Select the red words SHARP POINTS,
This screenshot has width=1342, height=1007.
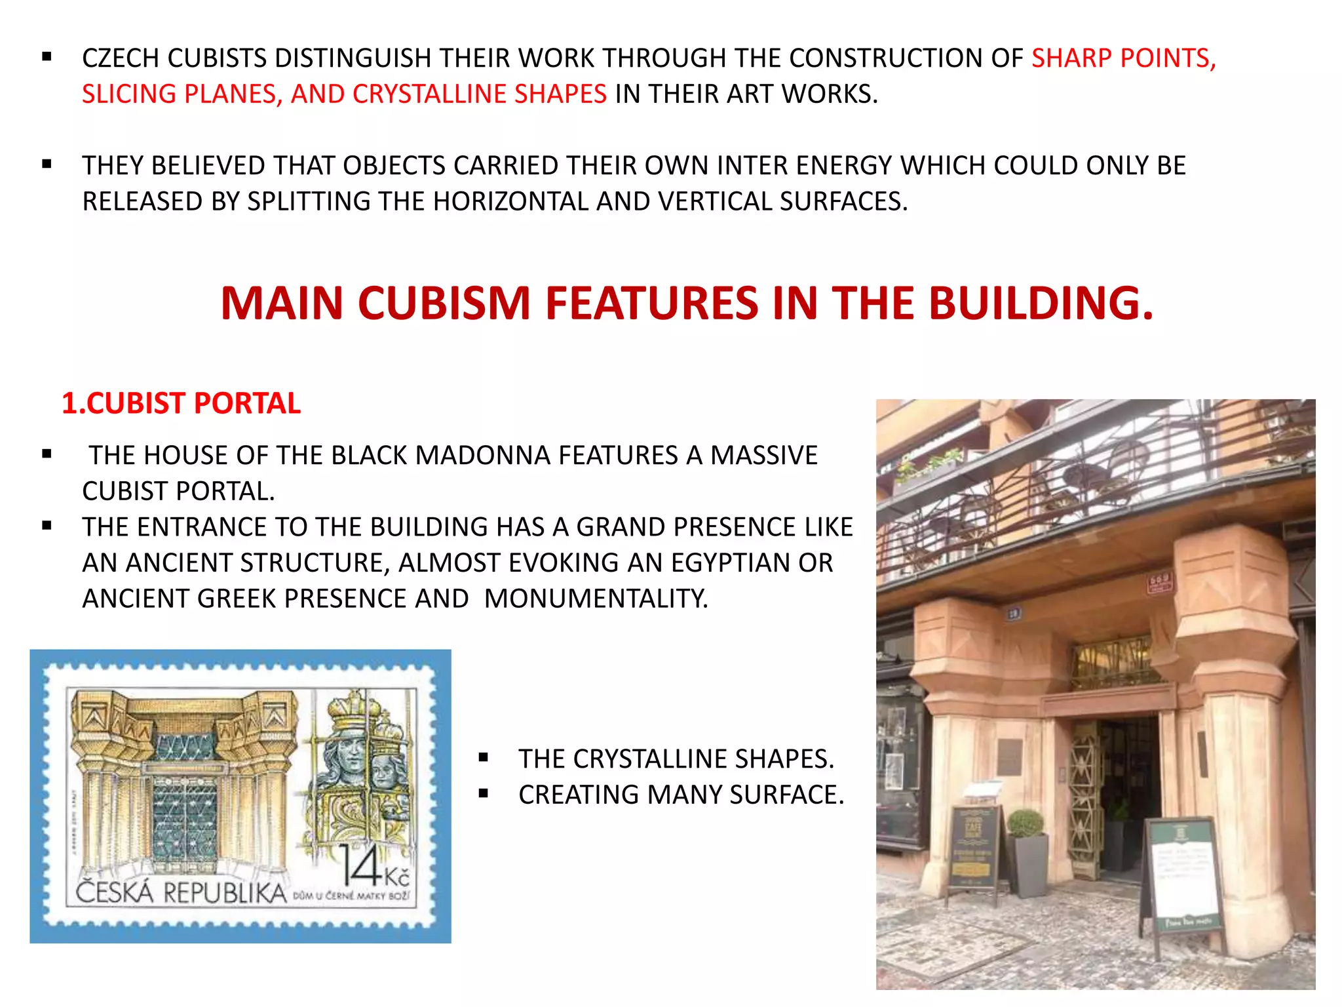tap(1123, 58)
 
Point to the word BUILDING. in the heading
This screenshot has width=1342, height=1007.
tap(1041, 304)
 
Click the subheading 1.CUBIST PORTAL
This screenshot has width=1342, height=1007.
tap(181, 403)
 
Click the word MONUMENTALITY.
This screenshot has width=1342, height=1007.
tap(596, 599)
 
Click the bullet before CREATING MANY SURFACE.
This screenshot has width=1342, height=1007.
tap(484, 795)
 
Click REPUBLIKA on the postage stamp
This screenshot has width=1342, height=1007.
tap(225, 893)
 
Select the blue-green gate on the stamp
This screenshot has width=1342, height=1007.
tap(185, 813)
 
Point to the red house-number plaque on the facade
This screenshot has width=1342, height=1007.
tap(1160, 583)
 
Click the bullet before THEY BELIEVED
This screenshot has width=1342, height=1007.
tap(47, 165)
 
